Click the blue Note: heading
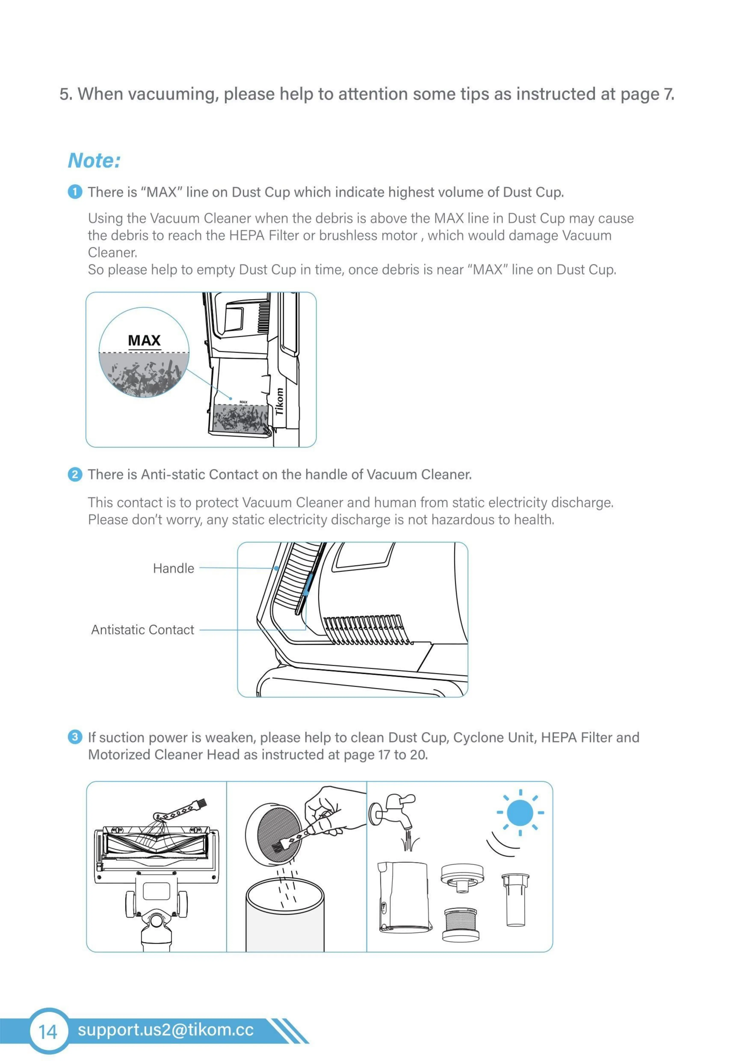click(x=94, y=161)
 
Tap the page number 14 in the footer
click(x=48, y=1031)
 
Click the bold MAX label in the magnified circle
click(x=144, y=341)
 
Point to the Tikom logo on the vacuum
click(x=279, y=401)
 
